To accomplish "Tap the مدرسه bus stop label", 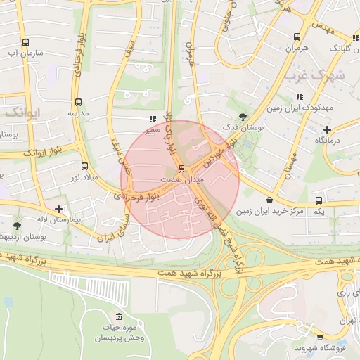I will pos(77,112).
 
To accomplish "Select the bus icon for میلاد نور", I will pos(85,167).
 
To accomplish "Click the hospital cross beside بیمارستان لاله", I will pos(58,209).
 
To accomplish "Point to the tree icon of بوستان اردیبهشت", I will pos(17,226).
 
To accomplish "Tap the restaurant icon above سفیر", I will pos(153,120).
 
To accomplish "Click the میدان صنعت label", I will pos(182,180).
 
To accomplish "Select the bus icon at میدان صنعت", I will pos(182,169).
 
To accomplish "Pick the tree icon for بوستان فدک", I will pos(243,117).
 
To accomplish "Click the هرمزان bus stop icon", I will pos(297,37).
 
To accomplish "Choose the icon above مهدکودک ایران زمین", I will pos(299,96).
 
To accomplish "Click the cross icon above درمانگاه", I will pos(327,129).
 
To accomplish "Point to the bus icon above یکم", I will pos(319,200).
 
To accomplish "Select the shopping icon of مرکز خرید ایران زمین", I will pos(270,200).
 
